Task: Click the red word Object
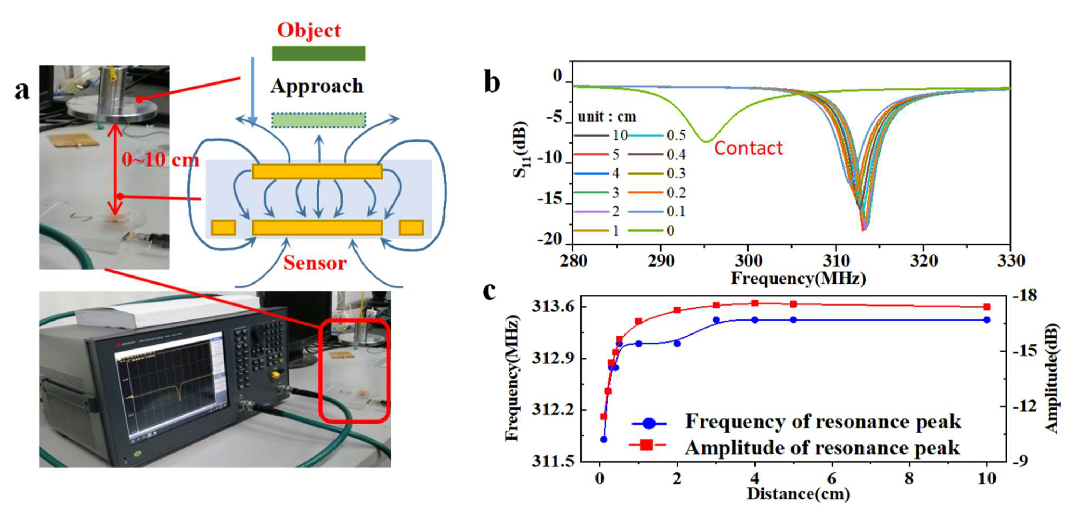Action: click(x=309, y=30)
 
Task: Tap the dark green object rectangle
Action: click(x=318, y=53)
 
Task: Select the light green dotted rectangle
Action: click(x=318, y=120)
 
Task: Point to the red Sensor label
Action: click(x=315, y=263)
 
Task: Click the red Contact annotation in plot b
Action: click(x=748, y=148)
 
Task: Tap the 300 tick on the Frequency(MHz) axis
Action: click(x=748, y=261)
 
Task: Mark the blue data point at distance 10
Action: click(x=986, y=320)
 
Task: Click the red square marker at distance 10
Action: click(x=986, y=307)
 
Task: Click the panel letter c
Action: click(x=489, y=291)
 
